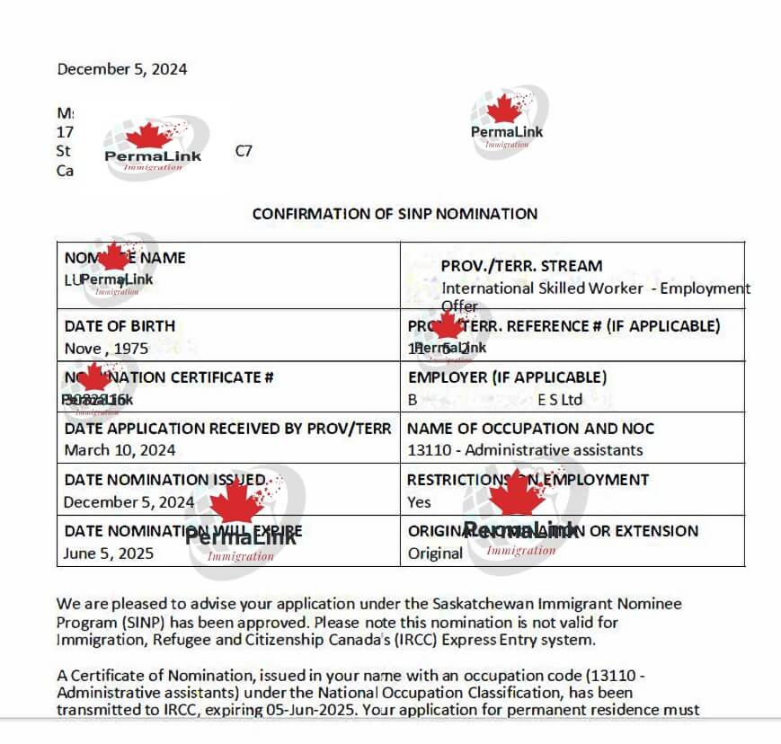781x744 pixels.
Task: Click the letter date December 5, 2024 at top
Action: click(121, 69)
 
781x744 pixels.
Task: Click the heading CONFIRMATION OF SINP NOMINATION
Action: click(395, 214)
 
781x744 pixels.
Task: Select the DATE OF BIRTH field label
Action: click(120, 326)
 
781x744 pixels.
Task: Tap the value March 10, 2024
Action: click(120, 449)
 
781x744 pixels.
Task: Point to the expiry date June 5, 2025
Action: click(108, 554)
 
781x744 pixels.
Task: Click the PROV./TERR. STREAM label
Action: click(521, 266)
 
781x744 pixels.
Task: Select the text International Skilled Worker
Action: click(542, 288)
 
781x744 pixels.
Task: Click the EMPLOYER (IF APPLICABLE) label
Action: click(507, 377)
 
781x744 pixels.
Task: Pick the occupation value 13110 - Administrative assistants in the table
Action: click(525, 449)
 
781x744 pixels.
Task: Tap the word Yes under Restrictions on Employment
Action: click(419, 502)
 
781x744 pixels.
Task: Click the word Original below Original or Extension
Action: click(435, 554)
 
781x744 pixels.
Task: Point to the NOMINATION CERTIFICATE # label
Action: click(169, 377)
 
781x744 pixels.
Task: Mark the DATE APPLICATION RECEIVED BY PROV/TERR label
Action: click(227, 429)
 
